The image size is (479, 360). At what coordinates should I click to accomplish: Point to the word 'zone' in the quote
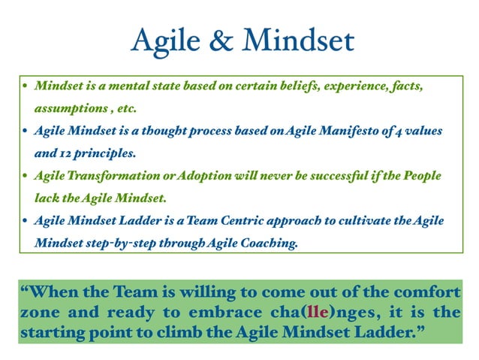click(40, 311)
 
